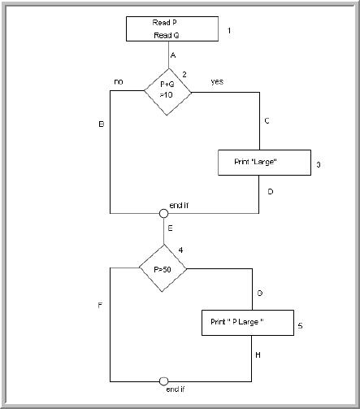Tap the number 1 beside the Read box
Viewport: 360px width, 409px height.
pyautogui.click(x=229, y=31)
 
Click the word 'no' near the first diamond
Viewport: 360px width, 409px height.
pyautogui.click(x=119, y=82)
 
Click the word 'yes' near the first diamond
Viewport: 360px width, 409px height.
pyautogui.click(x=217, y=82)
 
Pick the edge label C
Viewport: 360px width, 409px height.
pyautogui.click(x=267, y=120)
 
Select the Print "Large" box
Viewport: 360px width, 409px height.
pyautogui.click(x=265, y=163)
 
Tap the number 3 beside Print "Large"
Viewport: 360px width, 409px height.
pyautogui.click(x=319, y=165)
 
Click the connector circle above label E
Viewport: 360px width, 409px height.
pyautogui.click(x=164, y=213)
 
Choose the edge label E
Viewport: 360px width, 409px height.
pyautogui.click(x=171, y=229)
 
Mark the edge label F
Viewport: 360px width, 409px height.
pyautogui.click(x=98, y=307)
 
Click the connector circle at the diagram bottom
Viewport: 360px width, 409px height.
pyautogui.click(x=164, y=381)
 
